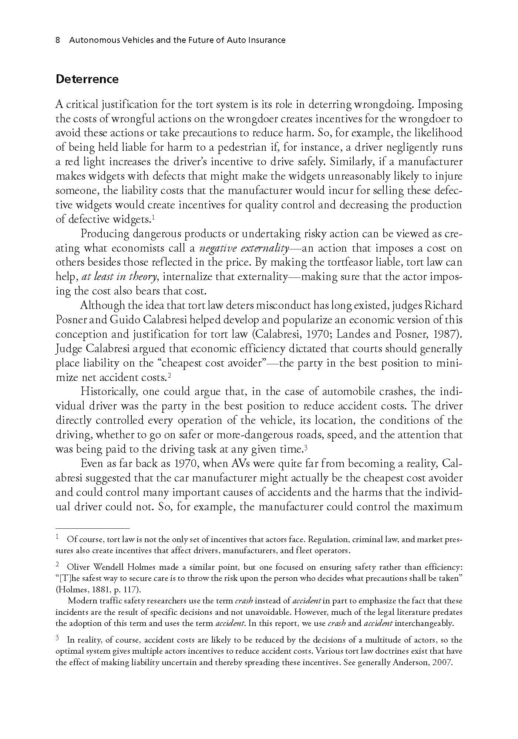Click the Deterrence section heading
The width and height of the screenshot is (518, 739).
pyautogui.click(x=87, y=79)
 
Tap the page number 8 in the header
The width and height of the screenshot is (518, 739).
pyautogui.click(x=58, y=40)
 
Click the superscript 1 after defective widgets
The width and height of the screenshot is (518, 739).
pyautogui.click(x=153, y=218)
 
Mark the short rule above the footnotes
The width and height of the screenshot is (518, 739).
pyautogui.click(x=92, y=529)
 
